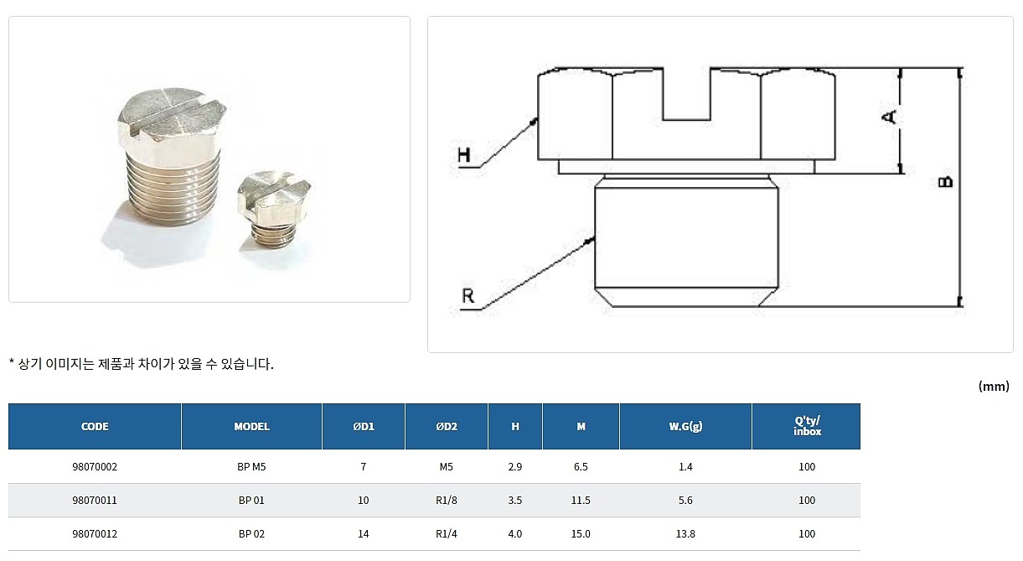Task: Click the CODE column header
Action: pyautogui.click(x=95, y=426)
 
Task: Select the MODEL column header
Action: pyautogui.click(x=251, y=426)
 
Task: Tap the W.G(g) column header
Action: pyautogui.click(x=685, y=426)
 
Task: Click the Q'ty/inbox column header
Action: pyautogui.click(x=806, y=426)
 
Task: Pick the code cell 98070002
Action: pyautogui.click(x=95, y=467)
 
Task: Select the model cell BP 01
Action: pyautogui.click(x=251, y=501)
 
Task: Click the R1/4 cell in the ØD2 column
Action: pyautogui.click(x=446, y=534)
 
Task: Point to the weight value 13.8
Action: pyautogui.click(x=685, y=534)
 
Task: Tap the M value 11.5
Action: pyautogui.click(x=581, y=501)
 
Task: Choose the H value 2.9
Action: pyautogui.click(x=514, y=467)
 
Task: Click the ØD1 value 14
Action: pyautogui.click(x=363, y=534)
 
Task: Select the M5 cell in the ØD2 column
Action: pyautogui.click(x=446, y=467)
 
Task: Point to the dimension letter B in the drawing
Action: pyautogui.click(x=945, y=182)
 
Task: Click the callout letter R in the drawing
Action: pyautogui.click(x=468, y=296)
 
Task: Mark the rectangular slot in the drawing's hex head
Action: pyautogui.click(x=686, y=94)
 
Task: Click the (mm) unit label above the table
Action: pyautogui.click(x=993, y=387)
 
